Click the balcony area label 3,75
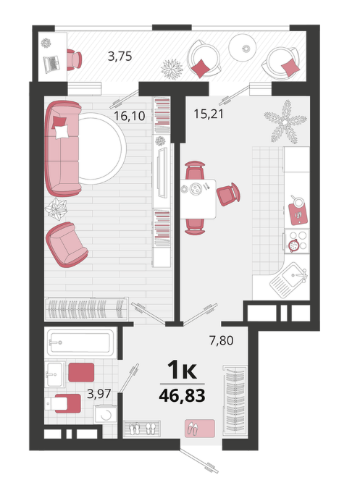coord(120,56)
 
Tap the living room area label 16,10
coord(129,117)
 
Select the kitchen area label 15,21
coord(209,114)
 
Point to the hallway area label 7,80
coord(222,340)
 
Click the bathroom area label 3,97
coord(99,394)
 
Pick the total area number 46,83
coord(183,395)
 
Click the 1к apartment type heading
coord(183,369)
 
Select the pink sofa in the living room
coord(63,148)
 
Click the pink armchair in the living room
coord(67,245)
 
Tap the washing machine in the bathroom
coord(106,414)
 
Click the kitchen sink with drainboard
coord(289,279)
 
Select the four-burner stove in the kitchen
coord(297,242)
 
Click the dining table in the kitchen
coord(198,199)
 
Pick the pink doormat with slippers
coord(200,428)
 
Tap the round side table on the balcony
coord(242,48)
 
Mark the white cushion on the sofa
coord(62,131)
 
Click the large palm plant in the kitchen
coord(285,122)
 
